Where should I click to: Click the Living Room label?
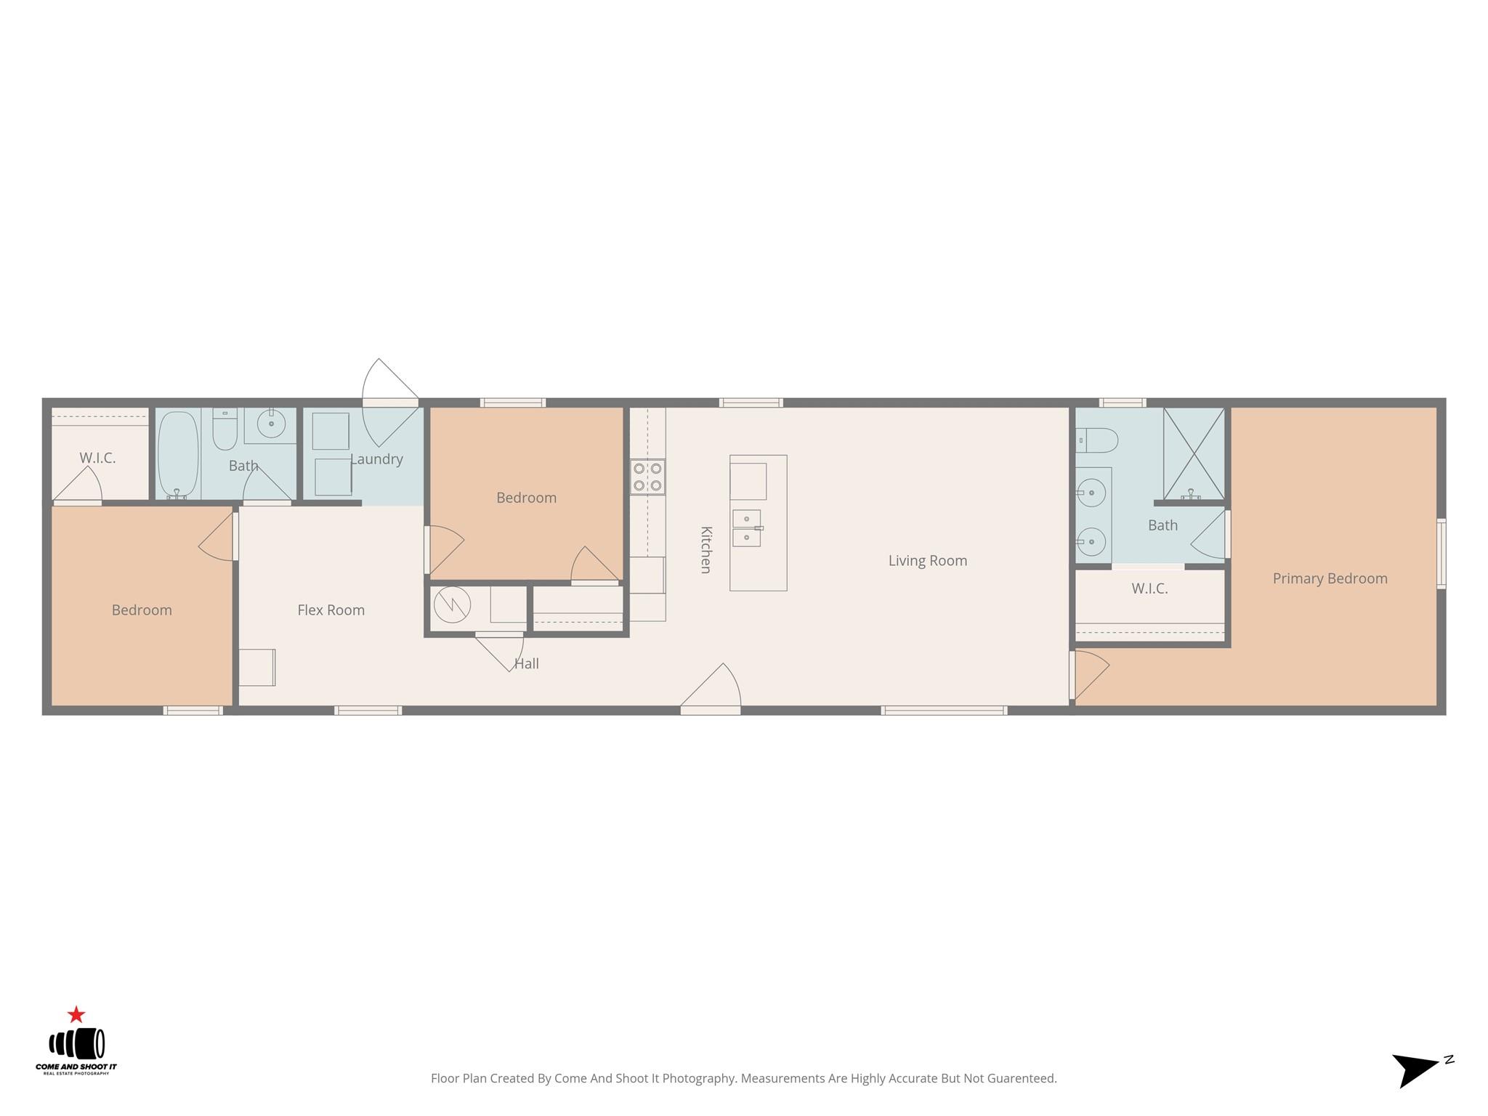(928, 561)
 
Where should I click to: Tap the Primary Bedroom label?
(1330, 578)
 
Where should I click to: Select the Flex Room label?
(331, 610)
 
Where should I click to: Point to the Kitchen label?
(705, 550)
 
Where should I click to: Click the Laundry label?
(376, 459)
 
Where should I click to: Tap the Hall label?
(527, 663)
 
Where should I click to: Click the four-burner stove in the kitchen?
(647, 477)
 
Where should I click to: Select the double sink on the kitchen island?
(747, 527)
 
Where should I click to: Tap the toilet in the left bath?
(225, 429)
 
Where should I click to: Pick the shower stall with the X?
(1194, 453)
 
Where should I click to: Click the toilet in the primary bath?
(1096, 440)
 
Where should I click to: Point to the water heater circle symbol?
(452, 604)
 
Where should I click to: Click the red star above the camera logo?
(76, 1014)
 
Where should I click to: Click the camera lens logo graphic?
(77, 1044)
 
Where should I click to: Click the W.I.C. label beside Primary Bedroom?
(1149, 589)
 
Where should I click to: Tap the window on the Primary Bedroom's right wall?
(1441, 553)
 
